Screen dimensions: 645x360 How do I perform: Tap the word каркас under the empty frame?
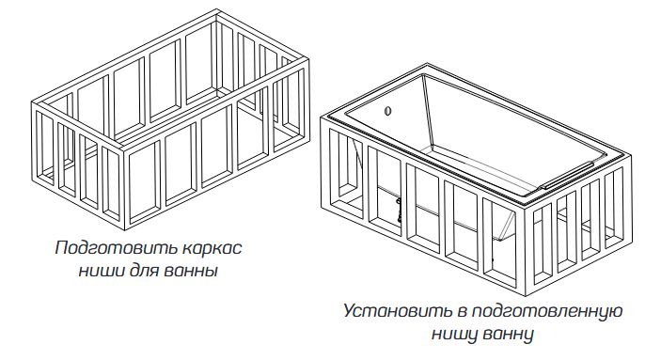point(212,249)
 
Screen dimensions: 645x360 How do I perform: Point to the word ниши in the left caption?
point(102,272)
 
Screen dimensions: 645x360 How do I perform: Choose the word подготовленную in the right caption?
point(546,311)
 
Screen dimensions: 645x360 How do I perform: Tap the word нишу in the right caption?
point(455,334)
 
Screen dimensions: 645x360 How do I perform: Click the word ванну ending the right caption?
point(508,334)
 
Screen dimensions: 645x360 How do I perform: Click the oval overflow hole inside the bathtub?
point(387,111)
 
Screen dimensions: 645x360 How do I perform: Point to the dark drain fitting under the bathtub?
point(399,210)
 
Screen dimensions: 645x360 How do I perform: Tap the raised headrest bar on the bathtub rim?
point(567,175)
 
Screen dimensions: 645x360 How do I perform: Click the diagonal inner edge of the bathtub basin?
point(429,111)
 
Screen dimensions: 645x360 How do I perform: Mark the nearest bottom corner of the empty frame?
point(124,229)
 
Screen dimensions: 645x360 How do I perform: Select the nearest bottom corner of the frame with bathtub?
point(527,296)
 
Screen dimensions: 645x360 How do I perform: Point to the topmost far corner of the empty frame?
point(217,9)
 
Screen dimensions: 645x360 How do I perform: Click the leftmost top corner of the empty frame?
point(31,102)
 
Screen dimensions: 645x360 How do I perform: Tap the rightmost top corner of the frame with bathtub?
point(631,155)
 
